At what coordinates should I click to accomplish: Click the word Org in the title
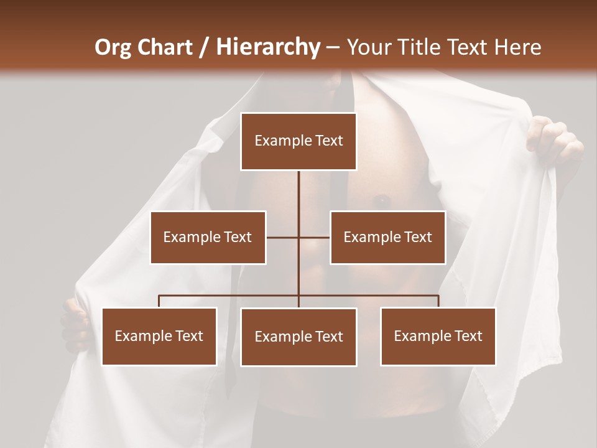[113, 47]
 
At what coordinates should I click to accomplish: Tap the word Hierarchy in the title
[267, 47]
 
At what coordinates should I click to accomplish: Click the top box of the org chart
[298, 141]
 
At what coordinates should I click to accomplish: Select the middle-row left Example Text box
[208, 237]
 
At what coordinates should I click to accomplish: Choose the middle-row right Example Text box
[387, 237]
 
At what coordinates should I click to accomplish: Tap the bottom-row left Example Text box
[159, 336]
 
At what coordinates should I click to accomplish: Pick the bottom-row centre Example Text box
[298, 337]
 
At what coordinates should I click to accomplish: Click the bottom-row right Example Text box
[438, 336]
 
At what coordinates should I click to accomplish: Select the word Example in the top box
[277, 141]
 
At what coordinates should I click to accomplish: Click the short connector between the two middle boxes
[298, 237]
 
